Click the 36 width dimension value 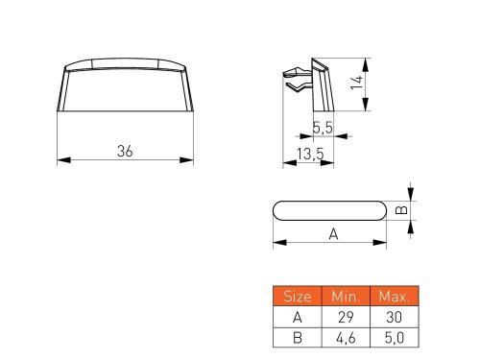pyautogui.click(x=125, y=151)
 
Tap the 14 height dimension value pyautogui.click(x=356, y=83)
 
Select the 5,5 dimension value pyautogui.click(x=323, y=128)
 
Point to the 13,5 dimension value pyautogui.click(x=310, y=154)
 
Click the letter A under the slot pyautogui.click(x=333, y=234)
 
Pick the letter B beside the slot pyautogui.click(x=401, y=210)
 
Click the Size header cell pyautogui.click(x=298, y=296)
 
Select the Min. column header pyautogui.click(x=346, y=296)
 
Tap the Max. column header pyautogui.click(x=395, y=296)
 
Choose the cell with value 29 pyautogui.click(x=346, y=317)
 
